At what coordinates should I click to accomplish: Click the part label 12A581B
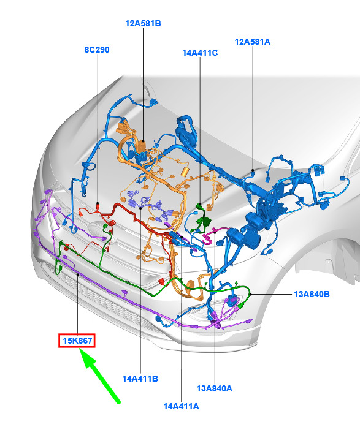tap(143, 23)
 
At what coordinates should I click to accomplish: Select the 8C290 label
tap(97, 50)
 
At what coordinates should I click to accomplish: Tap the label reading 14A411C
tap(200, 53)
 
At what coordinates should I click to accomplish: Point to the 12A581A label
tap(253, 42)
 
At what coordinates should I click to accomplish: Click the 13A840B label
tap(312, 295)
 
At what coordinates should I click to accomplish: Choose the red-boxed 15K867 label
tap(77, 341)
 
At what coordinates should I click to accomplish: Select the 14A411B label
tap(140, 379)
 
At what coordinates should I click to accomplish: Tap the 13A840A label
tap(215, 388)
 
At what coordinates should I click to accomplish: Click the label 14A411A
tap(181, 406)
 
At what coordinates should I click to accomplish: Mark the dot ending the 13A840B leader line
tap(250, 294)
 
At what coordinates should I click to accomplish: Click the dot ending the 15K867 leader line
tap(78, 274)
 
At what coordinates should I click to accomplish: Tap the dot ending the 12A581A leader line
tap(253, 170)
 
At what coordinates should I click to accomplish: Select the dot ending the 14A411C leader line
tap(200, 204)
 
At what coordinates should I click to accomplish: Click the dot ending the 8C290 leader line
tap(98, 203)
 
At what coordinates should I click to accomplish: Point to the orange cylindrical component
tap(185, 172)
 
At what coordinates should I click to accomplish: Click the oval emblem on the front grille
tap(98, 228)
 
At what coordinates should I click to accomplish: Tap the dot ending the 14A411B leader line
tap(140, 208)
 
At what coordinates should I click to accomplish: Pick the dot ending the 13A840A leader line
tap(215, 232)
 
